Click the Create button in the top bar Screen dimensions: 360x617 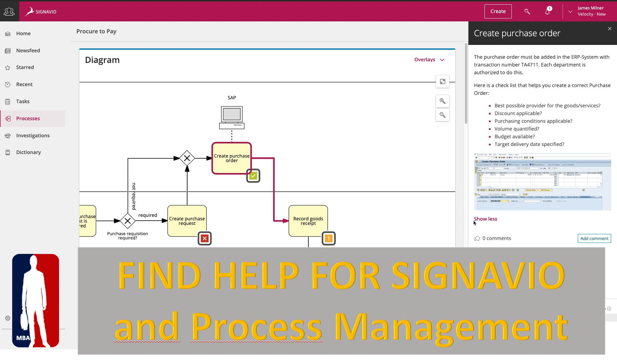pos(498,12)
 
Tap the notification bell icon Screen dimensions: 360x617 pos(547,12)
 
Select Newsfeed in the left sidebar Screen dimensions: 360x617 pos(28,51)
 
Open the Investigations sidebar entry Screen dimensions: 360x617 pos(33,135)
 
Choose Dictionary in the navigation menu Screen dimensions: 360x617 pos(28,152)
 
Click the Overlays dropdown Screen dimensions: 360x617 pos(429,60)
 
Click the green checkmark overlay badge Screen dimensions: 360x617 pos(253,176)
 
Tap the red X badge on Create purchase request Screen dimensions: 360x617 pos(205,238)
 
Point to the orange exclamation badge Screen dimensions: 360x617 pos(328,238)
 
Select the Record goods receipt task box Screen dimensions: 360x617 pos(308,221)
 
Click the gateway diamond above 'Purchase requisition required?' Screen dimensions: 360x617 pos(127,221)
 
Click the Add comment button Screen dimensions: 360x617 pos(594,238)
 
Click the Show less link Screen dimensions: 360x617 pos(486,219)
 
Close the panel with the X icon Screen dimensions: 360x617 pos(610,29)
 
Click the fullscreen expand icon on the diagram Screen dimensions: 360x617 pos(442,81)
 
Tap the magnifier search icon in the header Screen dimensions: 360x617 pos(527,12)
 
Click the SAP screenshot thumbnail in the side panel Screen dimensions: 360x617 pos(542,182)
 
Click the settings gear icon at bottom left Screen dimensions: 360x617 pos(8,318)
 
